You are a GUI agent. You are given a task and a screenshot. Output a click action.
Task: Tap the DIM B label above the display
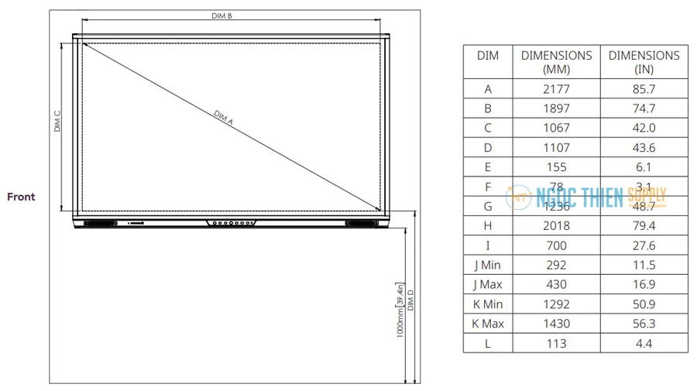pyautogui.click(x=221, y=15)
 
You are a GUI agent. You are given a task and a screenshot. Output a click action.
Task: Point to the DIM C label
pyautogui.click(x=57, y=121)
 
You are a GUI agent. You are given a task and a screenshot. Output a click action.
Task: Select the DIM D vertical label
pyautogui.click(x=411, y=301)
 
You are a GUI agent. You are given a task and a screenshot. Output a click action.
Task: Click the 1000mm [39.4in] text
pyautogui.click(x=400, y=309)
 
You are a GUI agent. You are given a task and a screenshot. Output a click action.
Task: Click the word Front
pyautogui.click(x=21, y=197)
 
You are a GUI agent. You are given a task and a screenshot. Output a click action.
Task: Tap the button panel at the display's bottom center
pyautogui.click(x=231, y=223)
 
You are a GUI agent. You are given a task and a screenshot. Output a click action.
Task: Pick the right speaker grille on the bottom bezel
pyautogui.click(x=357, y=223)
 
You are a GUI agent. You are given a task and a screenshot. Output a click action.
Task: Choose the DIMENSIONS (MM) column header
pyautogui.click(x=556, y=62)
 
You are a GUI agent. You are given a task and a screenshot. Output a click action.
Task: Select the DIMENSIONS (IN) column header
pyautogui.click(x=644, y=62)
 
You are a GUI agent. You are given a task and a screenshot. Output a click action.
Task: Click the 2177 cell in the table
pyautogui.click(x=556, y=89)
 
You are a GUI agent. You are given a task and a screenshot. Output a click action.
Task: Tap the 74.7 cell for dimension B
pyautogui.click(x=644, y=108)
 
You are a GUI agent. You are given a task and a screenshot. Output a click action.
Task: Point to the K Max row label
pyautogui.click(x=488, y=324)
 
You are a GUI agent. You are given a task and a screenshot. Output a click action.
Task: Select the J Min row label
pyautogui.click(x=488, y=265)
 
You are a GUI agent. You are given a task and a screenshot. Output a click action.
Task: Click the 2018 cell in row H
pyautogui.click(x=556, y=225)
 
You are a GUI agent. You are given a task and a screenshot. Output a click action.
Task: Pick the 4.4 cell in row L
pyautogui.click(x=644, y=343)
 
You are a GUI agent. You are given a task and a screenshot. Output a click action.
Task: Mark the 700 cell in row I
pyautogui.click(x=556, y=245)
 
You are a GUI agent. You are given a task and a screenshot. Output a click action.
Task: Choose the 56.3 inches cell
pyautogui.click(x=644, y=324)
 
